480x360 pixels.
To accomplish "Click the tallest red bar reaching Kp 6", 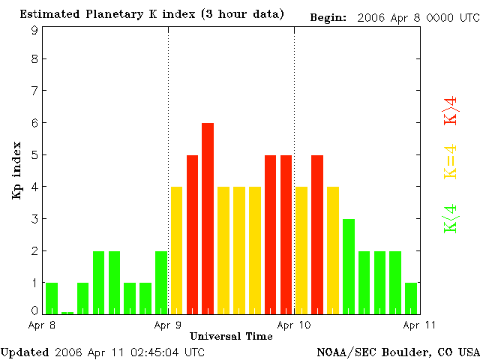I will pyautogui.click(x=208, y=217).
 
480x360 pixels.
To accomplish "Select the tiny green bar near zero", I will pyautogui.click(x=67, y=312).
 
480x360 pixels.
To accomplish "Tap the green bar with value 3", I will pyautogui.click(x=349, y=265).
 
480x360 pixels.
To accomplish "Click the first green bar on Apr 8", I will pyautogui.click(x=52, y=298).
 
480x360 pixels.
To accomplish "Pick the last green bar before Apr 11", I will pyautogui.click(x=411, y=298).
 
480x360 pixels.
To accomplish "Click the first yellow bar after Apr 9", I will pyautogui.click(x=177, y=250).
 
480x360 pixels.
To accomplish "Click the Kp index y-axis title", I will pyautogui.click(x=16, y=175).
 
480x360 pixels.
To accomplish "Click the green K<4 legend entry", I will pyautogui.click(x=451, y=218).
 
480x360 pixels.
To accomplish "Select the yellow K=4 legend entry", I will pyautogui.click(x=451, y=162).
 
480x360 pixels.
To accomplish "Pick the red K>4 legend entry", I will pyautogui.click(x=451, y=110).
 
